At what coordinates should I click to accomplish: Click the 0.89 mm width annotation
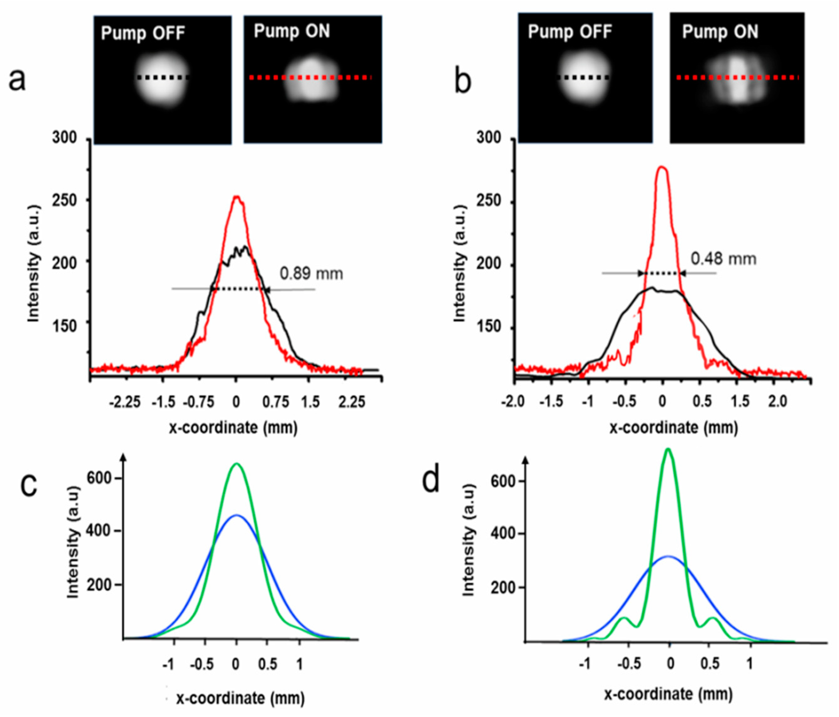click(x=311, y=274)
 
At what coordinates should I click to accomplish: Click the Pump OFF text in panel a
click(x=142, y=33)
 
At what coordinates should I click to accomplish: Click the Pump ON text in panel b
click(x=720, y=32)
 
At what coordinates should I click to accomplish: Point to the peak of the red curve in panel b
click(x=662, y=167)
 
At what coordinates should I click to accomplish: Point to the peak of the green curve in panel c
click(x=236, y=464)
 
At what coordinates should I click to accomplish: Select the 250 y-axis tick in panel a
click(x=65, y=200)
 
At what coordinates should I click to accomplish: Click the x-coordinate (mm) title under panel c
click(x=240, y=698)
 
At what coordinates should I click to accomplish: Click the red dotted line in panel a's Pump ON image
click(x=310, y=77)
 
